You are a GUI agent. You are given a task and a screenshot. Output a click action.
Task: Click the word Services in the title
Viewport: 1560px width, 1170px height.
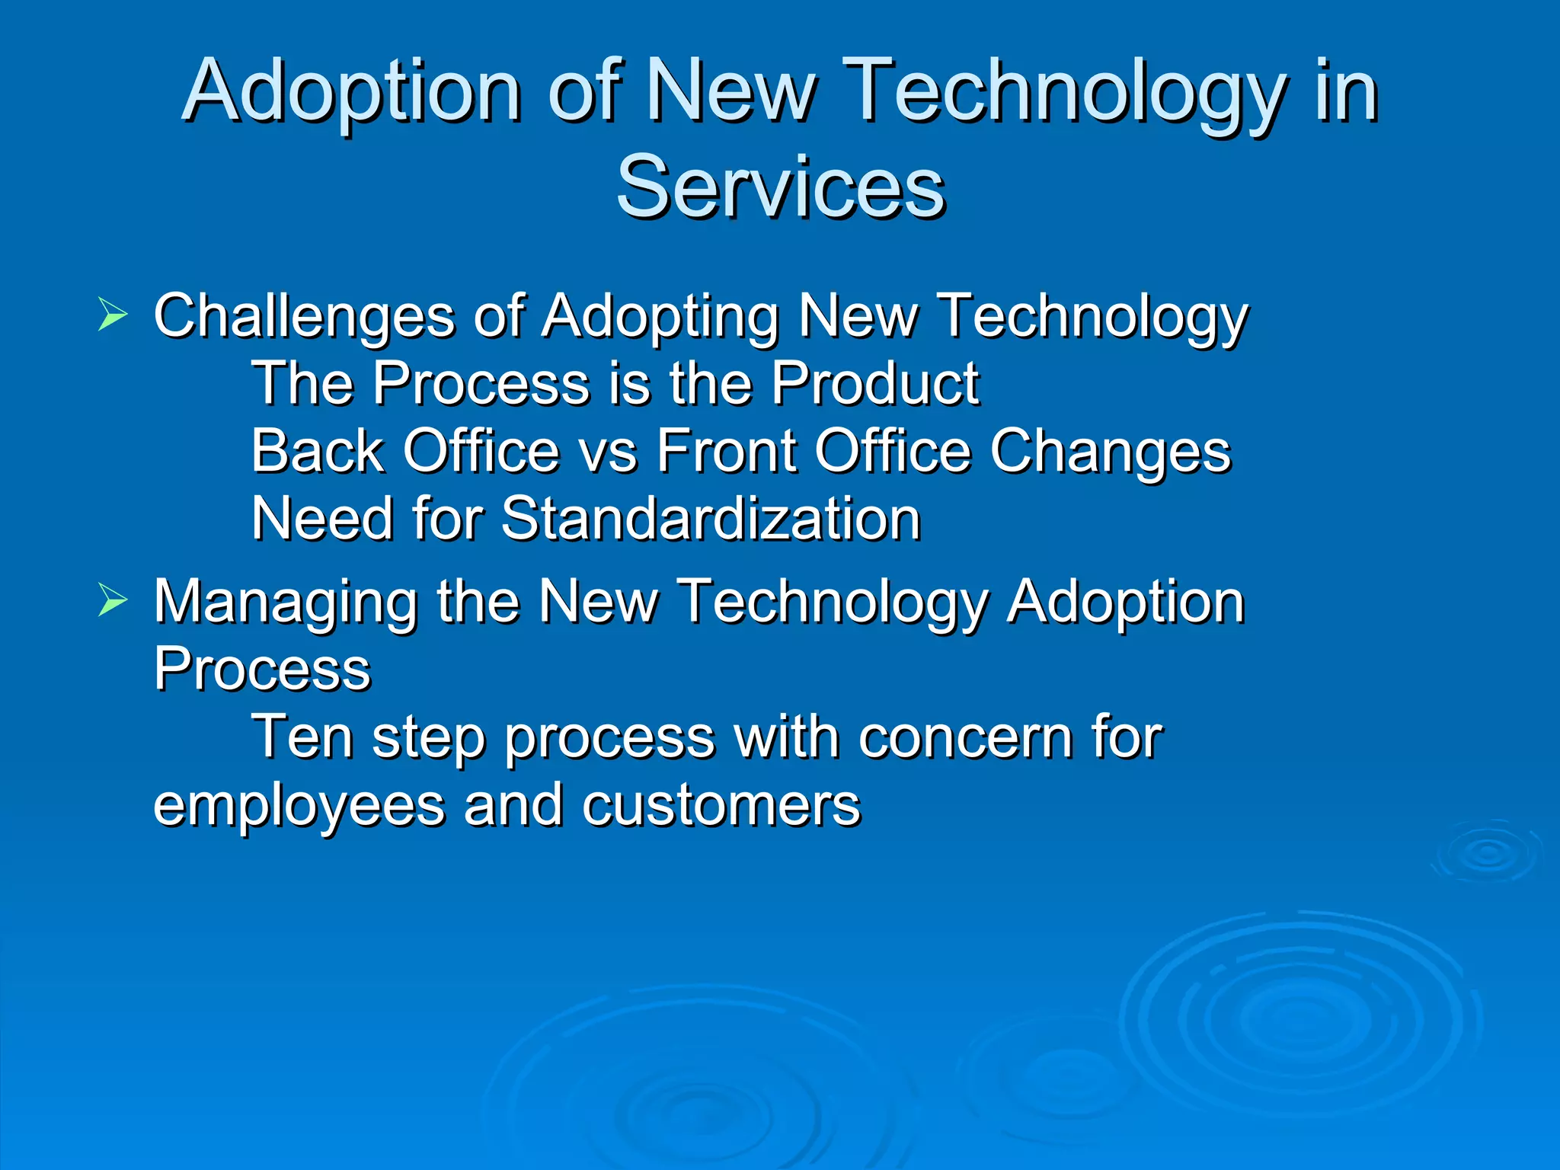(x=781, y=187)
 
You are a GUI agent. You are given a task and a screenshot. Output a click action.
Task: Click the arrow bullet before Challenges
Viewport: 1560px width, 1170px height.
(x=113, y=315)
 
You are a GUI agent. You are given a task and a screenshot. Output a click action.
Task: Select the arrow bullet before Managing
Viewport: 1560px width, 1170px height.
(x=113, y=601)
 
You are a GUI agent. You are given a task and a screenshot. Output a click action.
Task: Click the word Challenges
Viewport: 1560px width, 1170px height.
(x=304, y=317)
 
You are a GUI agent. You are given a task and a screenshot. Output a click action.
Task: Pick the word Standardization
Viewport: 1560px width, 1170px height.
(x=711, y=519)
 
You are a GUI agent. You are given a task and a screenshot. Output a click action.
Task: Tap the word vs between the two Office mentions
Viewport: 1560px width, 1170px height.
(x=608, y=452)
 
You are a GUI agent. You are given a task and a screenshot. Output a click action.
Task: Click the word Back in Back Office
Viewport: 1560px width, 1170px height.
(x=318, y=451)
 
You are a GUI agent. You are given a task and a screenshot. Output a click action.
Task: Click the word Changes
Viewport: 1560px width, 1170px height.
(x=1110, y=452)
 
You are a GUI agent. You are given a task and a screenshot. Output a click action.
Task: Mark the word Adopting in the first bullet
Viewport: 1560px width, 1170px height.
(x=660, y=317)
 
